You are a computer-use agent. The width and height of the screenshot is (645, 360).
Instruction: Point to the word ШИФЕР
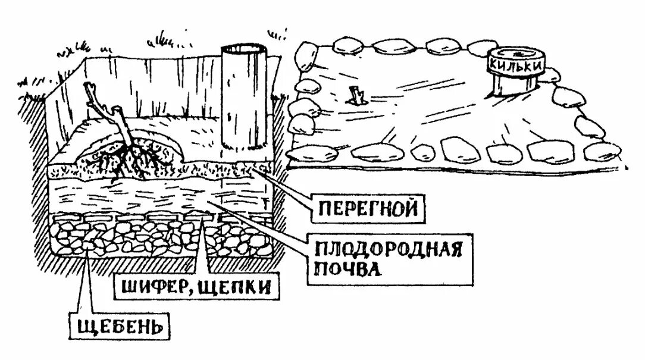tap(149, 288)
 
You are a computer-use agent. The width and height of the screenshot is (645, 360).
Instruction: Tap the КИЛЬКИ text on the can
tap(515, 62)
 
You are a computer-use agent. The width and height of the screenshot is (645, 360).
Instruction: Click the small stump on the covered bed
tap(357, 95)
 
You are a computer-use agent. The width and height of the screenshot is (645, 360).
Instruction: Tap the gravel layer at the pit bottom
tap(161, 238)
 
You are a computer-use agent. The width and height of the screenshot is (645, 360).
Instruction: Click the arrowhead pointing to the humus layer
tap(256, 168)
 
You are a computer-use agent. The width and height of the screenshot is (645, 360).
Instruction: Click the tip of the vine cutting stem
tap(89, 87)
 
